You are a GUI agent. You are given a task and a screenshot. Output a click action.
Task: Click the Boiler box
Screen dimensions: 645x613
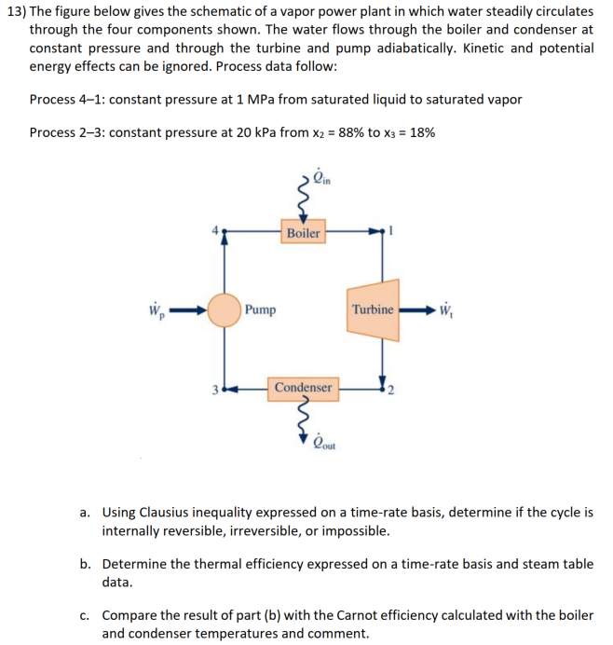(303, 232)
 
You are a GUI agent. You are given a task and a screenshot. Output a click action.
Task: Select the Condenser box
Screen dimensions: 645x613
(303, 387)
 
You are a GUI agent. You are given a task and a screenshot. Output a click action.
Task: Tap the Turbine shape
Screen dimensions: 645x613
(375, 309)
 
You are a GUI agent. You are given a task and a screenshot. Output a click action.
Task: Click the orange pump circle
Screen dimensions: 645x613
(224, 309)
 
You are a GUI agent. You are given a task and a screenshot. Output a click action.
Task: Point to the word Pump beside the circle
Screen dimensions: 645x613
(262, 309)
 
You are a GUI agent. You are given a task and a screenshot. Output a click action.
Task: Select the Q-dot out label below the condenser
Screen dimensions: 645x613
(324, 443)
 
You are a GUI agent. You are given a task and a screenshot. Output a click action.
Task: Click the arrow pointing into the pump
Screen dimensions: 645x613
(185, 309)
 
